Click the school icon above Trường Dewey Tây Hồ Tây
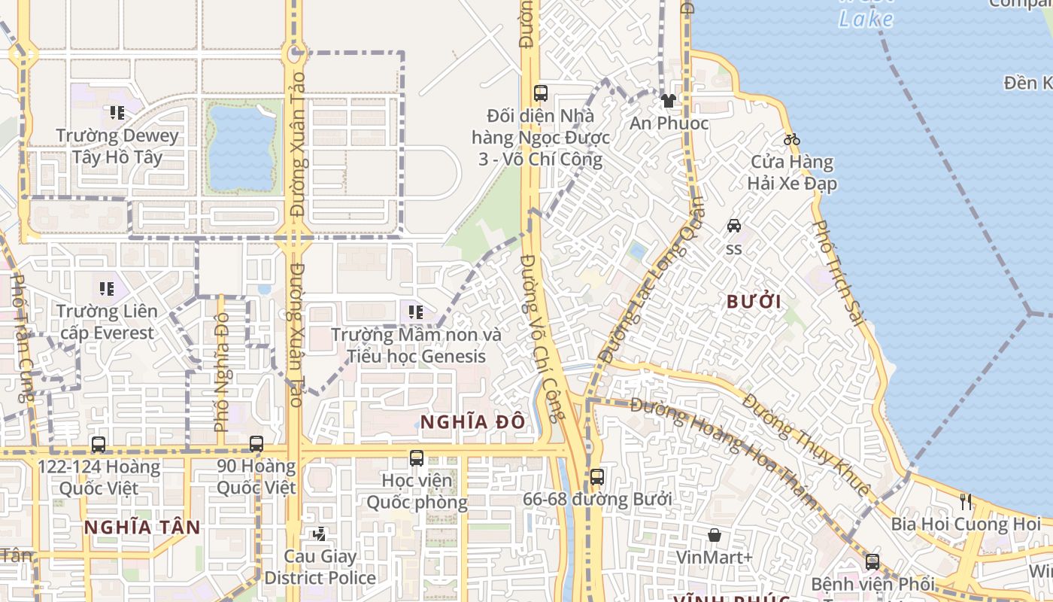pos(117,113)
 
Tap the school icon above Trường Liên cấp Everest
pos(106,288)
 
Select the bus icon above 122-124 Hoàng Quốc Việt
pos(99,444)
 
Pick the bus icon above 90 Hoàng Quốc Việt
pos(256,444)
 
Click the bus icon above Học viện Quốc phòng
pos(417,458)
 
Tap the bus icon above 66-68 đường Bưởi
pos(596,476)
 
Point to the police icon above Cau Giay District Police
pos(320,534)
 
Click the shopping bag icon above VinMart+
pos(714,535)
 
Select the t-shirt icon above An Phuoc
pos(668,100)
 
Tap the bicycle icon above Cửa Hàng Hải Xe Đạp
pos(791,139)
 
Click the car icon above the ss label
pos(733,226)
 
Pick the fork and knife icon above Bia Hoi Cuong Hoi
pos(966,501)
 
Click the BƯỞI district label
pos(754,303)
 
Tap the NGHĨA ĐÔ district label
pos(472,422)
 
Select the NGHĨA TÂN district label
pos(142,528)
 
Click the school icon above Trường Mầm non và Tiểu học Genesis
pos(416,312)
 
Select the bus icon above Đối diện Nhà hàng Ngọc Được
pos(540,93)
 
